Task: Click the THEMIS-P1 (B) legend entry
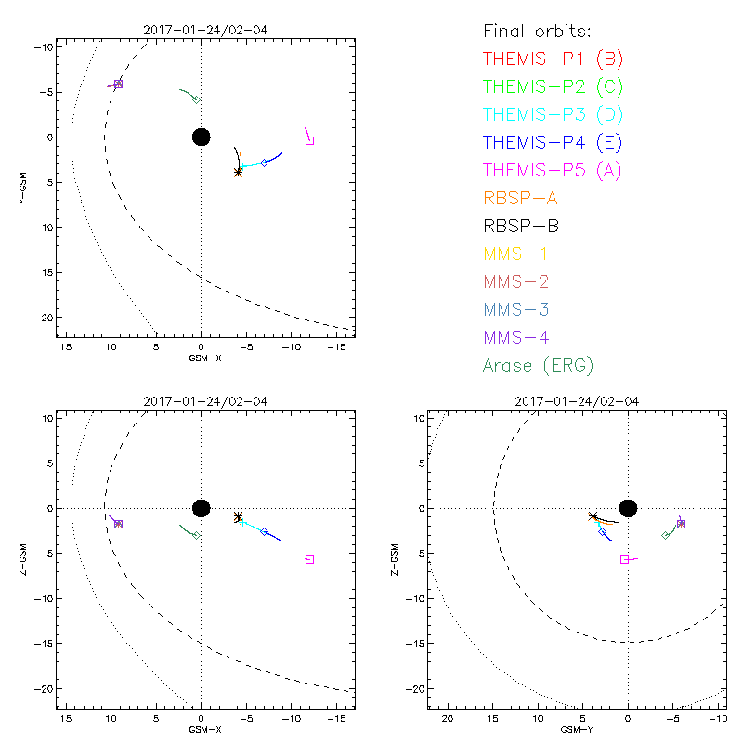pos(553,59)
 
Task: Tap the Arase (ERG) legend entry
pos(539,365)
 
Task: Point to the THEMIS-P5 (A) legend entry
pos(553,170)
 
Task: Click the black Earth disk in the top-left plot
pos(201,137)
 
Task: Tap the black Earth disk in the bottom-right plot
pos(628,507)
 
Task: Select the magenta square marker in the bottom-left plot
pos(309,559)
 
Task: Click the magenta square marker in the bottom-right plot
pos(625,559)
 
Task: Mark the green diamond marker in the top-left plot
pos(196,99)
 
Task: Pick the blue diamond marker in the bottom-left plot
pos(264,532)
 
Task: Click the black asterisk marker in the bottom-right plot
pos(593,516)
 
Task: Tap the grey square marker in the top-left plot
pos(309,140)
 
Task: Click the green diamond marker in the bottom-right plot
pos(666,535)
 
